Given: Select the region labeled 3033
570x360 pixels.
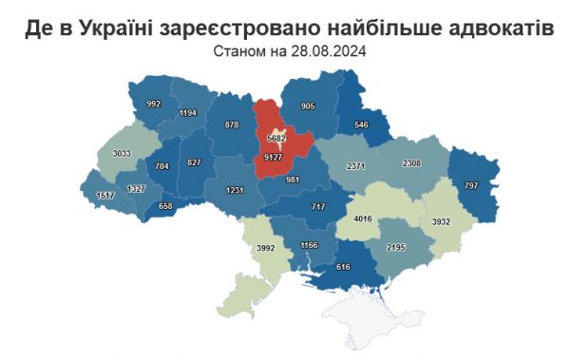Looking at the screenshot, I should [121, 152].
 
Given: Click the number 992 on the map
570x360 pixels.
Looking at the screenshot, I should [154, 104].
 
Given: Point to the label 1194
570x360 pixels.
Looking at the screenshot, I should [187, 113].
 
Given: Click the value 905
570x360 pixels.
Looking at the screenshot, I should [306, 106].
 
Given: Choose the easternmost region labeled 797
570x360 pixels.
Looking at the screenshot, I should [471, 184].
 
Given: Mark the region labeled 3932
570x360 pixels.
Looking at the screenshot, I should [441, 221].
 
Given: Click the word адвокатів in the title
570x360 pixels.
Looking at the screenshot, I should [493, 28].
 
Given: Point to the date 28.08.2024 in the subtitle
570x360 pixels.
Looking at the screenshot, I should [321, 50].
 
